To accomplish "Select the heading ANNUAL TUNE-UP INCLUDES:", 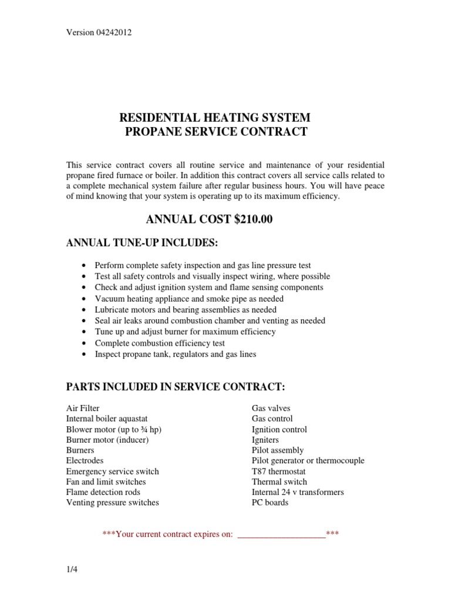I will coord(137,243).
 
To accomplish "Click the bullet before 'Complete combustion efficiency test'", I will coord(87,343).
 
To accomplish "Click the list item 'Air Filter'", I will coord(83,408).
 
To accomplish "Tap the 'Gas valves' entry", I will coord(271,408).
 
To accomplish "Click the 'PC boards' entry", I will coord(270,503).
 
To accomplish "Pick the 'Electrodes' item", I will coord(85,461).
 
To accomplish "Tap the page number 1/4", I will coord(72,570).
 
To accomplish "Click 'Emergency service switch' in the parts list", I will coord(112,471).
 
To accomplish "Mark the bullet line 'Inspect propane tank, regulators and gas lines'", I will coord(175,354).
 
